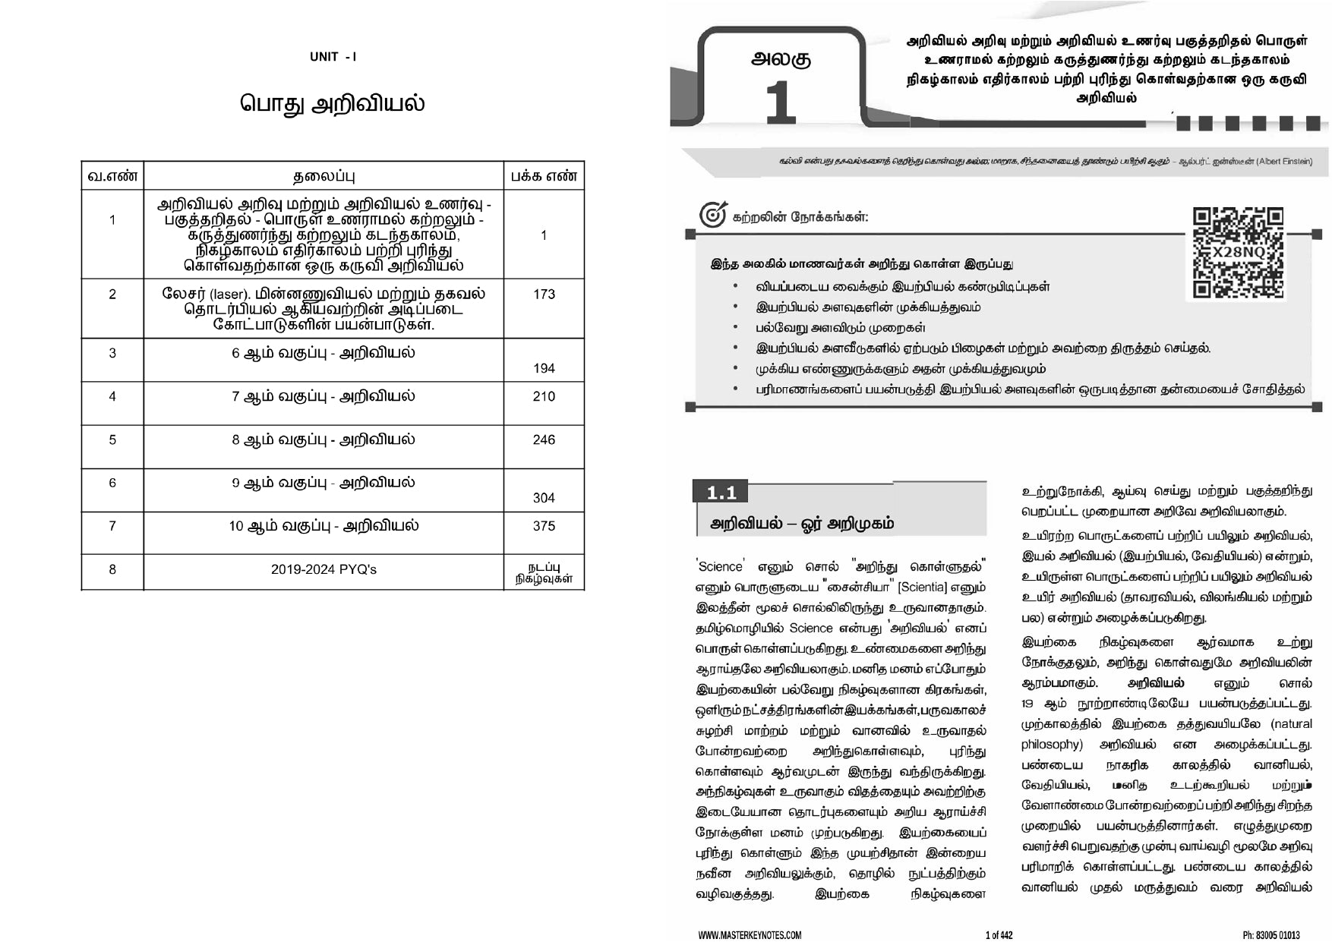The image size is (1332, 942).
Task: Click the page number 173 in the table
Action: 544,295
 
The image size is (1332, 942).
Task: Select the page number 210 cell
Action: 544,396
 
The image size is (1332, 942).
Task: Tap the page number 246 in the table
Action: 544,439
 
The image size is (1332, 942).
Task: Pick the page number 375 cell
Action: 544,526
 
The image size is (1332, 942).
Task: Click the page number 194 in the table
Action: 544,368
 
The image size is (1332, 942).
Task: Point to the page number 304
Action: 544,498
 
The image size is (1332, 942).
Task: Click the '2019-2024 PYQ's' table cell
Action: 324,569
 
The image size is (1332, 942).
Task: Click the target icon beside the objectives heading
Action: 712,216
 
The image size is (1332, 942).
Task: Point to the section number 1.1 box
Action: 721,493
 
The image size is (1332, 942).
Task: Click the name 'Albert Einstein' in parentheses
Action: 1283,162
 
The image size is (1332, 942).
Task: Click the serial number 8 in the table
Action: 112,569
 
